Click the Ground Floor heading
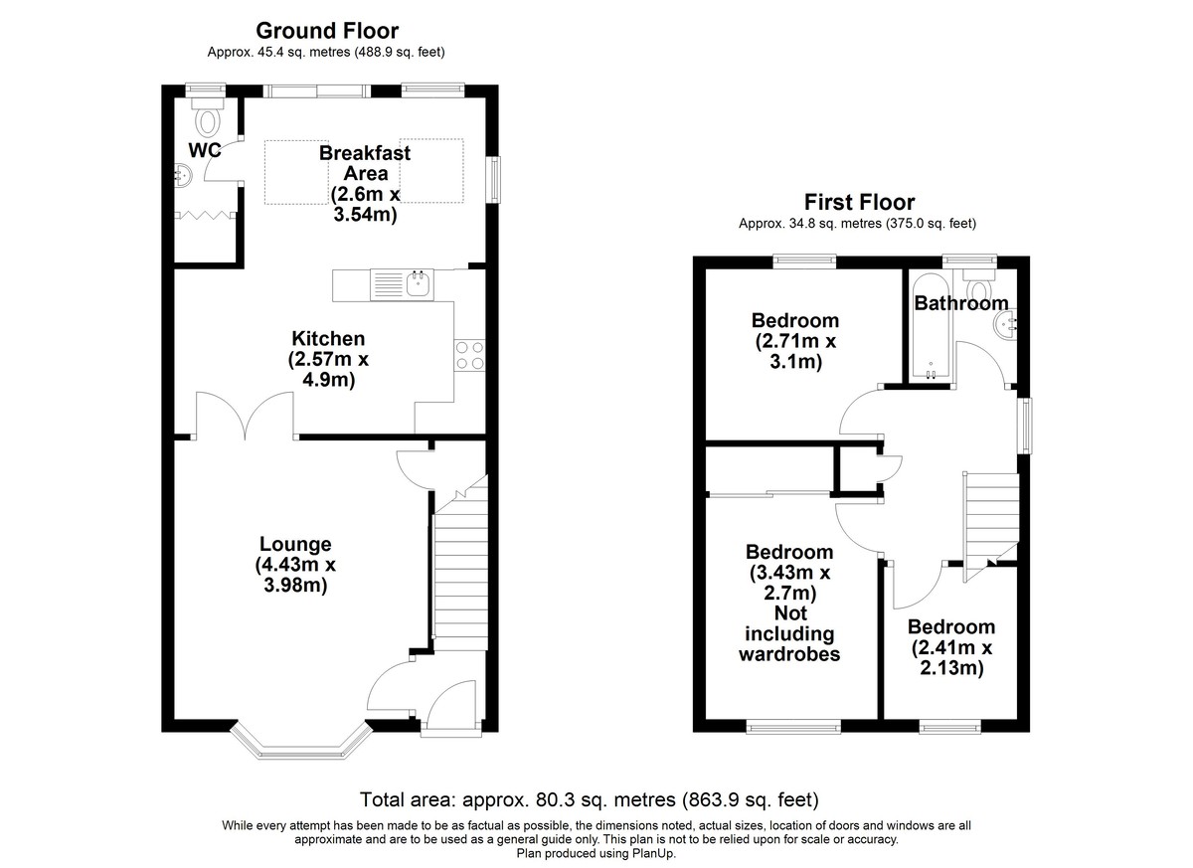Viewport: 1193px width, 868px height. [x=327, y=31]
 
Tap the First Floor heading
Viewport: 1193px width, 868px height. [x=859, y=203]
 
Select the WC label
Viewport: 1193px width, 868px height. [x=205, y=151]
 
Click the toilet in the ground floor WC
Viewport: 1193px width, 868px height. [x=208, y=116]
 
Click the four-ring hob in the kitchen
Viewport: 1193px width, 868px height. [x=470, y=355]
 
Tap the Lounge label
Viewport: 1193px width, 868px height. [x=295, y=544]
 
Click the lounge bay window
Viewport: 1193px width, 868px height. [x=301, y=743]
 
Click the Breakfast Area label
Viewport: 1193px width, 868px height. [x=366, y=163]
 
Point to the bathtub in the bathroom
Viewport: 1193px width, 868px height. [x=931, y=326]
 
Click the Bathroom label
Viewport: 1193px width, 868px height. [x=961, y=303]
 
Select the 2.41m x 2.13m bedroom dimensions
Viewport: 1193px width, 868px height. [x=951, y=657]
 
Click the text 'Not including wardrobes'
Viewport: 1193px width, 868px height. [x=789, y=633]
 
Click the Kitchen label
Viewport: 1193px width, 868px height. [x=328, y=339]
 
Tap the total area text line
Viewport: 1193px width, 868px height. [x=589, y=799]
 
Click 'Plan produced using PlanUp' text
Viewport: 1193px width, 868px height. [x=596, y=853]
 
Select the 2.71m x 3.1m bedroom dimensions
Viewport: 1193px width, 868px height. [x=795, y=351]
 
